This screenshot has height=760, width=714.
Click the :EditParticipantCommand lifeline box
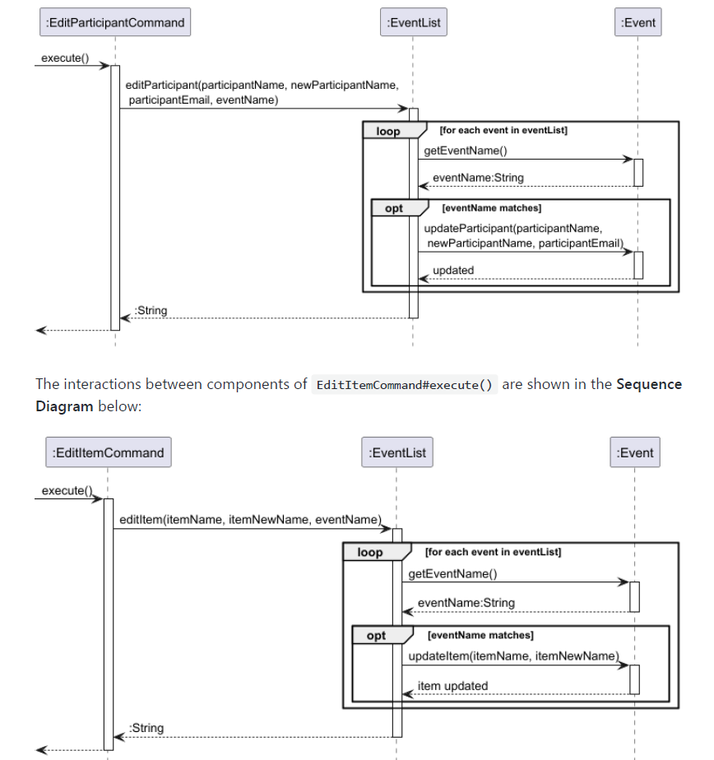115,22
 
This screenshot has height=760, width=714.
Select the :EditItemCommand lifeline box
109,452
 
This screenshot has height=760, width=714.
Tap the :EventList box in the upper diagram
413,22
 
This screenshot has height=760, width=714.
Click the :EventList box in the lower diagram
396,452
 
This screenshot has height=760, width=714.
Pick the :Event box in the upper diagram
638,22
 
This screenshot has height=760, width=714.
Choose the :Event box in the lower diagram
635,452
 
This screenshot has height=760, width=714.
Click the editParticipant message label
262,92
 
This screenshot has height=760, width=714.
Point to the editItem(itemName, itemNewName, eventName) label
250,520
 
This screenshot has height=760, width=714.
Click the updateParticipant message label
523,235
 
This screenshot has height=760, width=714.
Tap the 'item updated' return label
452,686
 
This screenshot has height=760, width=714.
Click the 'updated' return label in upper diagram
453,270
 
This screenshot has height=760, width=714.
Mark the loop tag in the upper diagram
388,132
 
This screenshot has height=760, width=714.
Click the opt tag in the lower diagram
376,636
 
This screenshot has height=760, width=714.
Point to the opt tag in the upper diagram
394,208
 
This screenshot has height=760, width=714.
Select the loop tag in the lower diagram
370,553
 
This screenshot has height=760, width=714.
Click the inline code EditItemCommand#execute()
404,385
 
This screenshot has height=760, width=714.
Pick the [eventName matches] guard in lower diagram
480,635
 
